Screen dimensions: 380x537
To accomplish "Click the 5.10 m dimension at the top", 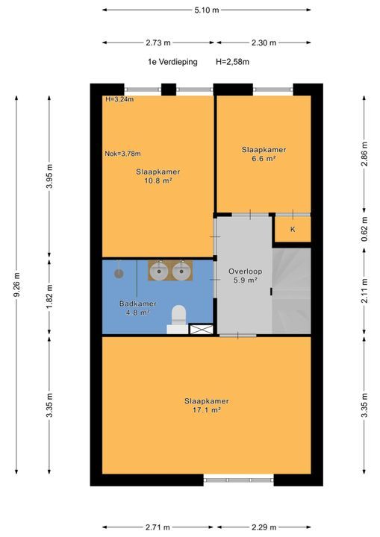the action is tap(207, 10).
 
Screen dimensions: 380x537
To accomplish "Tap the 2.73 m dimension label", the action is tap(158, 43).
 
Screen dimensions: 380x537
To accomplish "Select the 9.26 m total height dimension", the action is tap(17, 285).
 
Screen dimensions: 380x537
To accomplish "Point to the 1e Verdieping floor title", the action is tap(172, 62).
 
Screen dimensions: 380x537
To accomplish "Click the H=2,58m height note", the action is tap(232, 62).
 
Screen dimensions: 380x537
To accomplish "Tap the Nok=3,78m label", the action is tap(122, 154).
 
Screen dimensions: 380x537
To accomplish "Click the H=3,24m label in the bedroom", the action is tap(119, 99).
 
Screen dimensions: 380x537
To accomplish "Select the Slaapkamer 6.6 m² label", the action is tap(264, 154).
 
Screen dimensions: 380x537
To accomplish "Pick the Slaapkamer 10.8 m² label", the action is tap(158, 176).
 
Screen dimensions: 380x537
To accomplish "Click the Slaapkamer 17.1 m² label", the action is tap(207, 406).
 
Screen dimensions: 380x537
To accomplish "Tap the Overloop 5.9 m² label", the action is tap(245, 276).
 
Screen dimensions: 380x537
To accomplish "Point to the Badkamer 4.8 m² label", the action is tap(138, 308).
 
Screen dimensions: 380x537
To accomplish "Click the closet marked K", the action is tap(293, 229).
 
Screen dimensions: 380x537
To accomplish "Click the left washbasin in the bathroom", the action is tap(159, 271).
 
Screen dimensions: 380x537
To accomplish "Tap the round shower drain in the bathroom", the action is tap(119, 274).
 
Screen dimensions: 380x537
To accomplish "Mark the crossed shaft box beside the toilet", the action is tap(202, 330).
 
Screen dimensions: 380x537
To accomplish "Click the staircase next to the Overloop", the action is tap(291, 291).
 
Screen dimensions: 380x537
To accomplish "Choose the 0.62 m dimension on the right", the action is tap(364, 229).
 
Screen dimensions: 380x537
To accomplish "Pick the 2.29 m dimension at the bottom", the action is tap(264, 527).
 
